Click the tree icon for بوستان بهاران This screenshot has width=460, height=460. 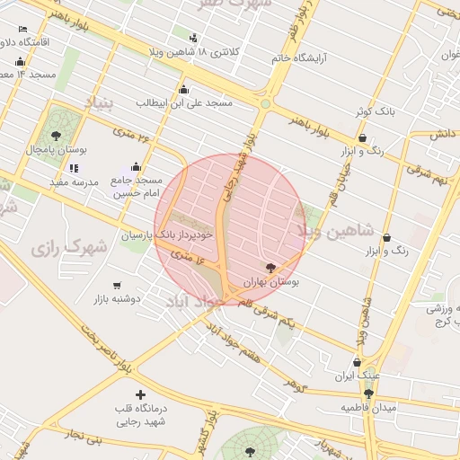(x=271, y=267)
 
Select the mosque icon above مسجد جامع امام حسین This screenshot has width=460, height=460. (x=136, y=166)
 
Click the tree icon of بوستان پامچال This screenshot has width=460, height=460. (x=57, y=136)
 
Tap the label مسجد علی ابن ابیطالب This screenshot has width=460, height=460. (x=184, y=102)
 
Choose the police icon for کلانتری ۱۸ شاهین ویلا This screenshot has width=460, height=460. (x=192, y=38)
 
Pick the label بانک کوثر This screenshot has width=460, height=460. (x=374, y=111)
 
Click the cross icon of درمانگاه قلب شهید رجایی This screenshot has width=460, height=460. (x=139, y=394)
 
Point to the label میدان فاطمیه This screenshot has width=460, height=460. (x=367, y=407)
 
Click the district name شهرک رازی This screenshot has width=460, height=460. (x=67, y=246)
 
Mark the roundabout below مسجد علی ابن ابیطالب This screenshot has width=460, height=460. (x=264, y=104)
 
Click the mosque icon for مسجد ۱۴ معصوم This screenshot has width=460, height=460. (x=20, y=61)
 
